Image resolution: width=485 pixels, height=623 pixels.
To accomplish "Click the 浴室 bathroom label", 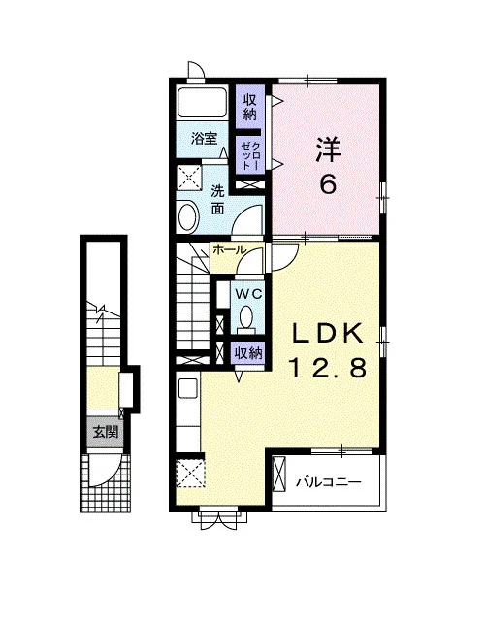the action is [x=204, y=139].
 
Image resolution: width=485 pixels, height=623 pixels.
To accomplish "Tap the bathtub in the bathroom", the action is [x=202, y=102].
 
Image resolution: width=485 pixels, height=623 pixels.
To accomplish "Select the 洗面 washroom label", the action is [x=217, y=200].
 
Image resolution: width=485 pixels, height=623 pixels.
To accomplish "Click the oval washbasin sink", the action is [x=188, y=216].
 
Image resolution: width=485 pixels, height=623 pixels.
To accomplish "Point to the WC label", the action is [x=248, y=294].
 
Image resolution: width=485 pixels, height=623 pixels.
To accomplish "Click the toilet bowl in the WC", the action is [x=246, y=316].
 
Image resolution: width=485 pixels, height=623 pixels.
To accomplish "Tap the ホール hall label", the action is [x=229, y=250].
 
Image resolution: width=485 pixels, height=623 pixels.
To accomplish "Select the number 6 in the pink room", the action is [x=328, y=184].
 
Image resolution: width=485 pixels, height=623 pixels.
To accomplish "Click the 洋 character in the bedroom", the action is [x=329, y=149].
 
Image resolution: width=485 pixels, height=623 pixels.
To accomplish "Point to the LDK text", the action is [x=328, y=334].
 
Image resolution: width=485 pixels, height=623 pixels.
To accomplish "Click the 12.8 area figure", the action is [x=328, y=368].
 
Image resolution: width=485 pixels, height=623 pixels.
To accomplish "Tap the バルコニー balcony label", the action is [x=329, y=482].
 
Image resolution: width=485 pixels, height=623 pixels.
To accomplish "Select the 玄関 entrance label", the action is [x=106, y=432].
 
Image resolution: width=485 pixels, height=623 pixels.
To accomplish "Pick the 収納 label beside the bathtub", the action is [x=250, y=106].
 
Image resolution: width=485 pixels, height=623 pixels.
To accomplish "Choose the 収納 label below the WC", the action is [x=248, y=353].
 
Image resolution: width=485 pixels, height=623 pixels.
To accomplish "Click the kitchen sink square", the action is [x=188, y=388].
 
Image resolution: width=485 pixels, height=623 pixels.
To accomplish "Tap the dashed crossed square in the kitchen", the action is [x=191, y=473].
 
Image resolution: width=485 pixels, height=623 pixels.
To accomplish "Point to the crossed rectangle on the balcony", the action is [x=279, y=474].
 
